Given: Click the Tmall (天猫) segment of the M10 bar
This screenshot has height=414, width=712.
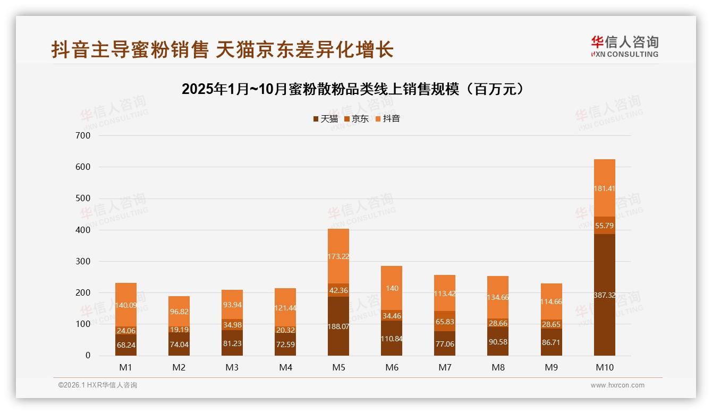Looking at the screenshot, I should pos(604,295).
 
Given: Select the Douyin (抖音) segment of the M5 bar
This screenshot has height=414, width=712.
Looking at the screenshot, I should pos(338,256).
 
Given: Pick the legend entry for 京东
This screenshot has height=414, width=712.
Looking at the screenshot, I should pos(357,118).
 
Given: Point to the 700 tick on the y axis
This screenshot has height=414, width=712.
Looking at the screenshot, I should pos(84,135).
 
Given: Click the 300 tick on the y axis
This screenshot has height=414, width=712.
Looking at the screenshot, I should pos(84,261).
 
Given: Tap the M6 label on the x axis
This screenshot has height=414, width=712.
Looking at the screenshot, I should pos(392,367).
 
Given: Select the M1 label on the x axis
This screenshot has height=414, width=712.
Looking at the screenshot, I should pos(126,367).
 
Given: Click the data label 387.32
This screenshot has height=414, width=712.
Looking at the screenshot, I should pos(604,295).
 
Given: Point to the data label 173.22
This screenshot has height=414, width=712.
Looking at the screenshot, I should pos(338,256).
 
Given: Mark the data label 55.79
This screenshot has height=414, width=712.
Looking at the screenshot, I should pos(604,226).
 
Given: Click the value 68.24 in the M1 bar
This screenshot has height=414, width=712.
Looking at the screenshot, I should pos(126,344).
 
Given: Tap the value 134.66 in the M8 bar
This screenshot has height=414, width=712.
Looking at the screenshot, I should pos(498,297).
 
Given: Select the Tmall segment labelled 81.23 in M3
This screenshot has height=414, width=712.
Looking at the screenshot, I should pos(232,343).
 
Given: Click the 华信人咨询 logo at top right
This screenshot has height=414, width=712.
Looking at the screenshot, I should pos(624,46).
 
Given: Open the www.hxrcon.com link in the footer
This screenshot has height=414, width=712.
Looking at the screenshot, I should pos(617,385).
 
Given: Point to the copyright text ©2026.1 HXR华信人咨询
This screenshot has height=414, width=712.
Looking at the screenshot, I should pos(98,385).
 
